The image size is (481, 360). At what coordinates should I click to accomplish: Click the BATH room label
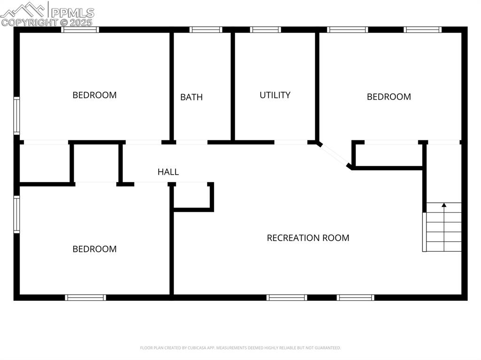[x=191, y=97]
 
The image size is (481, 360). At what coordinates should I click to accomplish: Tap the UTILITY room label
[x=275, y=95]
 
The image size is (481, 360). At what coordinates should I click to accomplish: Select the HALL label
[x=168, y=172]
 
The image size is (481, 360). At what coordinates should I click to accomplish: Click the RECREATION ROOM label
[x=308, y=237]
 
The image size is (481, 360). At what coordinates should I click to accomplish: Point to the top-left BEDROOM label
[x=94, y=95]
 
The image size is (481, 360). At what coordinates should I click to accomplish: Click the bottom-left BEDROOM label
[x=94, y=249]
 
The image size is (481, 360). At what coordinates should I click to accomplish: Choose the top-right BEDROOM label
[x=388, y=97]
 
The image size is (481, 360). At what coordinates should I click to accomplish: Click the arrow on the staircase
[x=444, y=205]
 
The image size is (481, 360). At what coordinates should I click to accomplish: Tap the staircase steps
[x=443, y=228]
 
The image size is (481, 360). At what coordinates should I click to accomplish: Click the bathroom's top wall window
[x=206, y=30]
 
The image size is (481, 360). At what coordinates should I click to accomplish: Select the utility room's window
[x=265, y=30]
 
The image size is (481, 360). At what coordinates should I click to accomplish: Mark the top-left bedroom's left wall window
[x=16, y=115]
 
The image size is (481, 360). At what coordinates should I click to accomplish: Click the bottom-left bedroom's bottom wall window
[x=85, y=297]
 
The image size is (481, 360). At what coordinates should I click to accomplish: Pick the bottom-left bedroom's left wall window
[x=16, y=214]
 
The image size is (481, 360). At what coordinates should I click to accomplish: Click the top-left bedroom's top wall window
[x=80, y=30]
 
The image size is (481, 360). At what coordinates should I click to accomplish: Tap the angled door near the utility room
[x=334, y=154]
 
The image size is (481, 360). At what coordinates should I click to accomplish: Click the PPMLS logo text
[x=72, y=13]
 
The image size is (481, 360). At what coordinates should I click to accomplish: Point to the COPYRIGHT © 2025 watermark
[x=47, y=22]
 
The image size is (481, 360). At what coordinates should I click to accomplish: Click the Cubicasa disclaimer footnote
[x=240, y=348]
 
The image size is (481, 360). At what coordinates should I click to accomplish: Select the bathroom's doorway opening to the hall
[x=192, y=142]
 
